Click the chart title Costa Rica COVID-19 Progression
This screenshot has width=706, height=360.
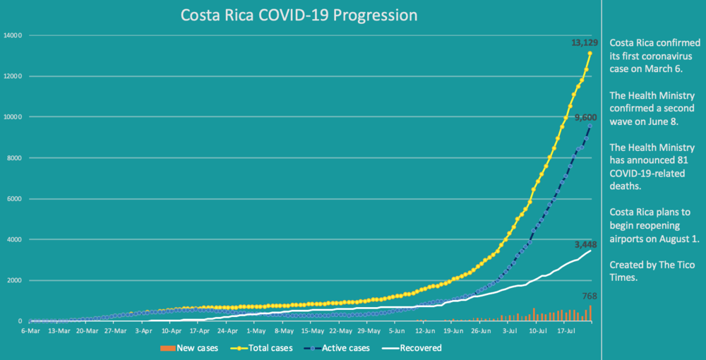click(299, 15)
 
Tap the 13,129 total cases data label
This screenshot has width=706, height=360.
click(585, 43)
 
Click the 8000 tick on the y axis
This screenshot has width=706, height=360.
click(15, 158)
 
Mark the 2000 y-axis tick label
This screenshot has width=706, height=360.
click(15, 281)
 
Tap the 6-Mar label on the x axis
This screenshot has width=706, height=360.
click(30, 330)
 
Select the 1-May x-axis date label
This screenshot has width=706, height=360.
click(256, 330)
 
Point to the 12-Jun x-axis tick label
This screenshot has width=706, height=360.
click(425, 330)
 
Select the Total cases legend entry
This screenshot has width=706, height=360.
click(268, 347)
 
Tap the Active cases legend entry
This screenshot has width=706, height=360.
click(340, 347)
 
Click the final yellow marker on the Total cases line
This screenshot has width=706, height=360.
click(590, 54)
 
